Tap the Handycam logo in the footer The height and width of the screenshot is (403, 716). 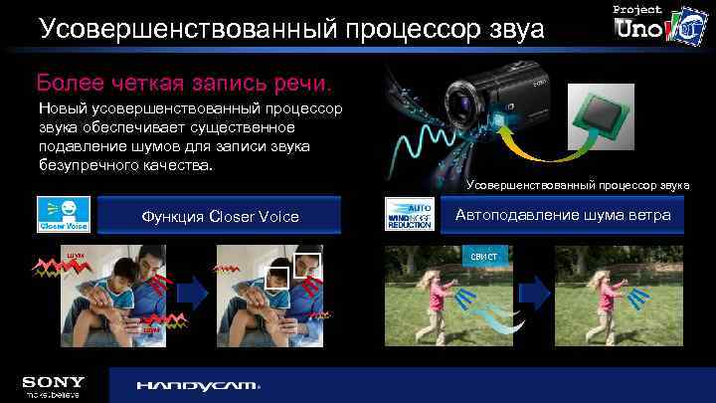[197, 385]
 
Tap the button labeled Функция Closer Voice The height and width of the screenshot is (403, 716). [220, 216]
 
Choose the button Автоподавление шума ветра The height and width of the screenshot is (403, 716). [563, 215]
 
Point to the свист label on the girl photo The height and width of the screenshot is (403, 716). [483, 257]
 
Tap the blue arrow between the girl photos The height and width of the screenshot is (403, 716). [535, 292]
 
